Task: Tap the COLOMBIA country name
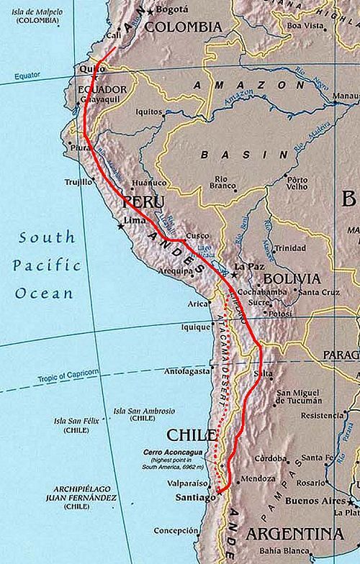183,27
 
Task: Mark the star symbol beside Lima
120,227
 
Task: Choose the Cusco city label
197,236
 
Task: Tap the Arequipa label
176,272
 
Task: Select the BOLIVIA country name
292,278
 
